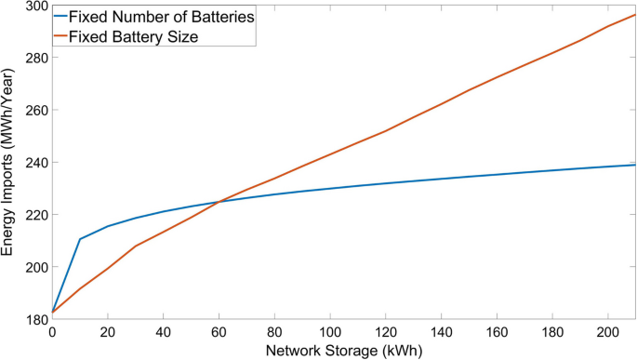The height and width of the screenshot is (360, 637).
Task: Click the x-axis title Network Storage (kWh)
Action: pyautogui.click(x=344, y=351)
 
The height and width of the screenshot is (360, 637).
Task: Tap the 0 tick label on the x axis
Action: pyautogui.click(x=52, y=332)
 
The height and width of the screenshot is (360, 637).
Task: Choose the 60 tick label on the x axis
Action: pyautogui.click(x=219, y=332)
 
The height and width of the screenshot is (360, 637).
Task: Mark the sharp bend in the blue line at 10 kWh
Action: pyautogui.click(x=80, y=239)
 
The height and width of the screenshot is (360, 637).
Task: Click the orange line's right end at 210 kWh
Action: pyautogui.click(x=635, y=15)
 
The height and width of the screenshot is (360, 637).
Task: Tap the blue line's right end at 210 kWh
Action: pyautogui.click(x=635, y=165)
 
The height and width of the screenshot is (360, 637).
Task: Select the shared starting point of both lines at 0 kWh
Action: pyautogui.click(x=52, y=313)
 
